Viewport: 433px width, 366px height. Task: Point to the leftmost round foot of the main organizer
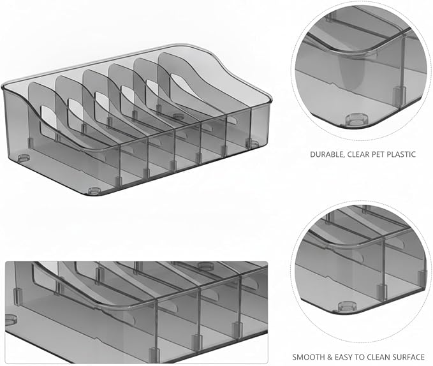tap(24, 158)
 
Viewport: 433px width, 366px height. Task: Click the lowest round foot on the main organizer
tap(94, 191)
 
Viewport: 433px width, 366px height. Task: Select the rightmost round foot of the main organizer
tap(252, 143)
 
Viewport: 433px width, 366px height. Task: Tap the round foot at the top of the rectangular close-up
tap(205, 266)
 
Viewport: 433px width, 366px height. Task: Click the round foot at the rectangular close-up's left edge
tap(10, 319)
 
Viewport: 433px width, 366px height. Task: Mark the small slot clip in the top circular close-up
tap(399, 96)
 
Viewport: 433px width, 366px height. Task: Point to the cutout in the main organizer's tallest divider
tap(182, 83)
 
